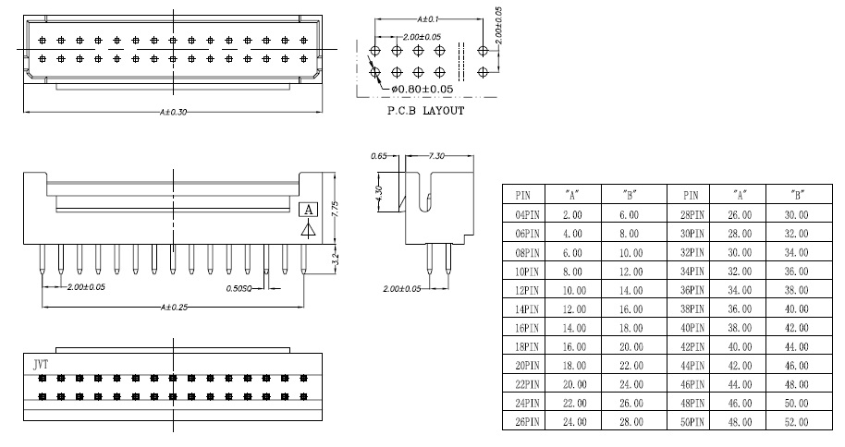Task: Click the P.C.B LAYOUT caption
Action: (x=425, y=111)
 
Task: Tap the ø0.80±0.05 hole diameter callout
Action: (x=422, y=89)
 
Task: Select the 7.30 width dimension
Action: (x=436, y=156)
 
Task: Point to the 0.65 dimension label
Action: (x=379, y=156)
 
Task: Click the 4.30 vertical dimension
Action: (x=378, y=193)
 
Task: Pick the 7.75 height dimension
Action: (x=335, y=209)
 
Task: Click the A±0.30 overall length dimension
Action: (x=173, y=112)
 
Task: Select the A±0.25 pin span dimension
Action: (x=174, y=307)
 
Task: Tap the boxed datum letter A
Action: (x=308, y=210)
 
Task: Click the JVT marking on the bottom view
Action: (x=41, y=365)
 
